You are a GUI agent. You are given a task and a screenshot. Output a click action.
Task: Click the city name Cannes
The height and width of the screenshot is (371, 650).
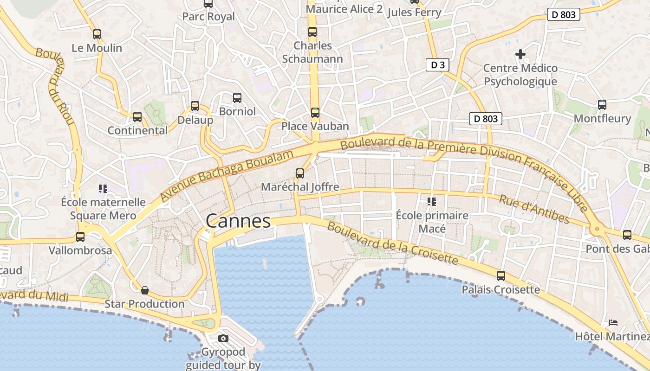[x=238, y=221]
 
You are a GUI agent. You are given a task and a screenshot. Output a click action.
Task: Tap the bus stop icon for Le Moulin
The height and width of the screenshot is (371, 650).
[x=97, y=34]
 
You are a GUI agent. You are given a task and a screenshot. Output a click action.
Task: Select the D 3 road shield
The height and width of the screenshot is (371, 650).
[x=437, y=65]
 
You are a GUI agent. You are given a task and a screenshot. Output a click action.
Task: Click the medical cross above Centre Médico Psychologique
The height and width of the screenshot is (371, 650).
[x=520, y=54]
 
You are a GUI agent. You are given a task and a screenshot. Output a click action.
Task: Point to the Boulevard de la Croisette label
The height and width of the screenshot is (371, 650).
[x=392, y=243]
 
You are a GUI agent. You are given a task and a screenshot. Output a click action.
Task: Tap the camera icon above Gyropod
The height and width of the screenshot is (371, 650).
[x=223, y=338]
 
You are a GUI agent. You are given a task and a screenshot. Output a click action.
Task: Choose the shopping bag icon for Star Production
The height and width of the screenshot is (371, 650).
[x=145, y=290]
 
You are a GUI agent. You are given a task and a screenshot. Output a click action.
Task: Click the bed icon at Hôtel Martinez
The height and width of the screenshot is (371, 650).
[x=613, y=322]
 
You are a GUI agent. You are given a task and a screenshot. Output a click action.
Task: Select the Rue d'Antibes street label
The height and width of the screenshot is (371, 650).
[x=534, y=208]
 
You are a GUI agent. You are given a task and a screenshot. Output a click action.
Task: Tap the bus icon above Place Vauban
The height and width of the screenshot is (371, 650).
[x=315, y=112]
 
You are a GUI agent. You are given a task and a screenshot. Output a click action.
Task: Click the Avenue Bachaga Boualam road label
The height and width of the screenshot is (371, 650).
[x=227, y=176]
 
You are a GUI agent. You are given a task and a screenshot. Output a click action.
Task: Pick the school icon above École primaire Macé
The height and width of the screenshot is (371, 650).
[x=432, y=201]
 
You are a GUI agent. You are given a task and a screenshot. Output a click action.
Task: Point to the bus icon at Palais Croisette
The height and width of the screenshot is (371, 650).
[x=500, y=276]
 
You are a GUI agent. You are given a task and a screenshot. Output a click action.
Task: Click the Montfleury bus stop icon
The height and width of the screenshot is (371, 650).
[x=602, y=105]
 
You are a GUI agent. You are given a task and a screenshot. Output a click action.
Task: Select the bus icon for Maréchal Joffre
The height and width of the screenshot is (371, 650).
[x=300, y=173]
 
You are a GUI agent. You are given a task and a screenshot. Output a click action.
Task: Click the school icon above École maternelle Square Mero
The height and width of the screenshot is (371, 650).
[x=103, y=188]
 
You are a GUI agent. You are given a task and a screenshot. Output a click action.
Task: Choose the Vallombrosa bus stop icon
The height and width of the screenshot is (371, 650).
[x=80, y=237]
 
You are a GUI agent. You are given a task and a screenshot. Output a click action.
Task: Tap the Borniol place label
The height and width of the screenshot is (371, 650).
[x=237, y=111]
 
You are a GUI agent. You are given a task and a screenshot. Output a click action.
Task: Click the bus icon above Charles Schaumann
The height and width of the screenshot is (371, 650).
[x=312, y=32]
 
